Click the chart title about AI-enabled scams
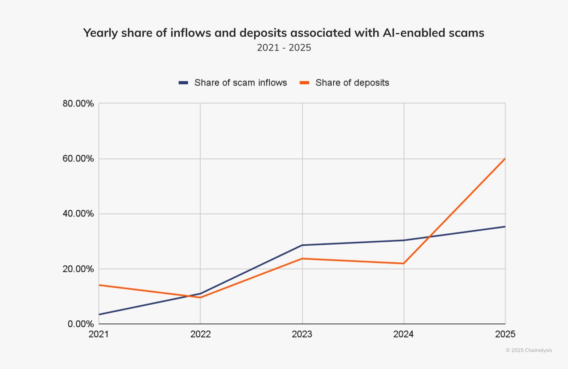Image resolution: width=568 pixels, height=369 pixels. pos(284,33)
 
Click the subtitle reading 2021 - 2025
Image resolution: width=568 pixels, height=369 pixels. pos(284,47)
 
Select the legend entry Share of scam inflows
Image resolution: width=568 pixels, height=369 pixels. pos(241,82)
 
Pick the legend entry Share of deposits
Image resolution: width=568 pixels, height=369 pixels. pos(352,82)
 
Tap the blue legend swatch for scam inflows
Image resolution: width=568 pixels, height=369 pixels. pos(184,82)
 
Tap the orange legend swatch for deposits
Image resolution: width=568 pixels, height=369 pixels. pos(305,82)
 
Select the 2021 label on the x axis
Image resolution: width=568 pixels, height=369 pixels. pos(99,334)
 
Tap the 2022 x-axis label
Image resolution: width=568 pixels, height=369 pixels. pos(200,334)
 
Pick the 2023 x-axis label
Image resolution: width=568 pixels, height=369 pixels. pos(302,334)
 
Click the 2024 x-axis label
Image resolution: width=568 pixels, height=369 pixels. pos(403,334)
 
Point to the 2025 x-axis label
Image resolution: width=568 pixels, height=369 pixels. pos(505,334)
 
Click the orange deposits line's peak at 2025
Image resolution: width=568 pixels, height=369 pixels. pos(505,159)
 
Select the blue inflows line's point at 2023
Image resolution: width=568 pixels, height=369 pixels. pos(302,245)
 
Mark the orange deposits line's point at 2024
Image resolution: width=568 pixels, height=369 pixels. pos(404,263)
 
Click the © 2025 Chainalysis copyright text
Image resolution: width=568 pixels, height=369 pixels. pos(529,350)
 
